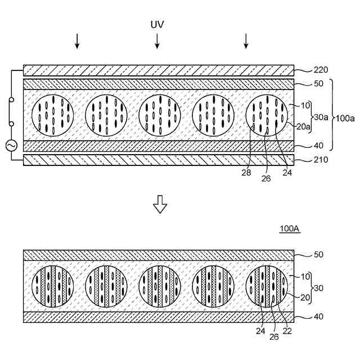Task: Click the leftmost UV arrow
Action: pyautogui.click(x=77, y=40)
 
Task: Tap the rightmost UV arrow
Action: pyautogui.click(x=246, y=40)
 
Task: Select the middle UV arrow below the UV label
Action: pyautogui.click(x=157, y=40)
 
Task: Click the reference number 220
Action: pyautogui.click(x=321, y=70)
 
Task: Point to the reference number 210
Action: pyautogui.click(x=321, y=160)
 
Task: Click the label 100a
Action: pyautogui.click(x=344, y=118)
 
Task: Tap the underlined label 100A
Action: pyautogui.click(x=290, y=229)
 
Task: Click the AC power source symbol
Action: pyautogui.click(x=10, y=146)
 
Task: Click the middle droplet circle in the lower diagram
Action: pyautogui.click(x=160, y=286)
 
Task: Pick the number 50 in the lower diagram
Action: pyautogui.click(x=318, y=255)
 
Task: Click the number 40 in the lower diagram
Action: pyautogui.click(x=318, y=317)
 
